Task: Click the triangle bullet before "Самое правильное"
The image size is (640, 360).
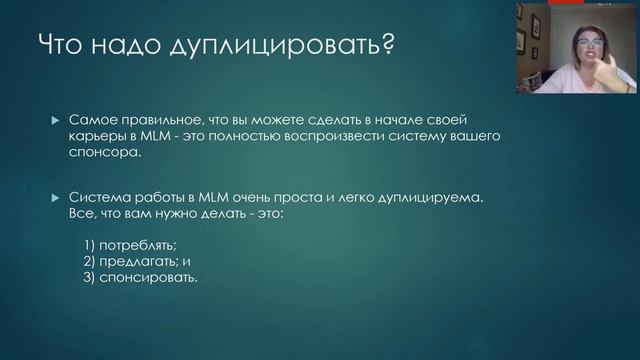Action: pyautogui.click(x=56, y=119)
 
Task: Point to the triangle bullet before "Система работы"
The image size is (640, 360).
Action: pyautogui.click(x=56, y=198)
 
